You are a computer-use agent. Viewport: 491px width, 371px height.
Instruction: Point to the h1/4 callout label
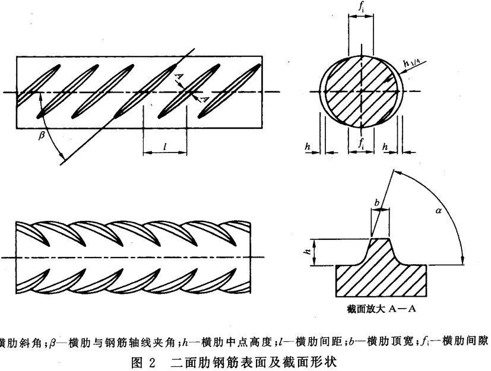point(410,62)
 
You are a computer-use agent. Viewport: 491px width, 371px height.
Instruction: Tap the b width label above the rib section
point(377,203)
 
